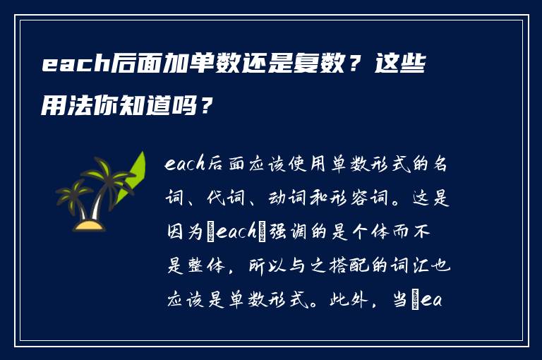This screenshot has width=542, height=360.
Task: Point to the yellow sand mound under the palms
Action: (90, 226)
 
